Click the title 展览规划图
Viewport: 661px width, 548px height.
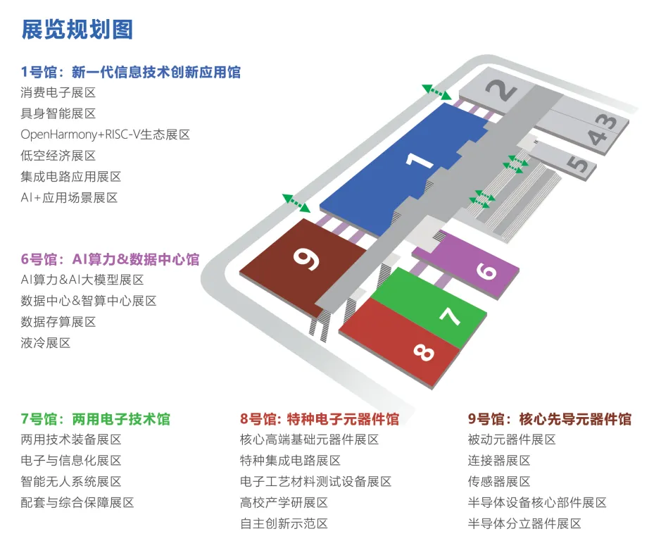pos(77,30)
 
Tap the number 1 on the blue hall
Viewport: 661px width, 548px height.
pos(422,161)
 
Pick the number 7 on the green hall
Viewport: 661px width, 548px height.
pos(450,316)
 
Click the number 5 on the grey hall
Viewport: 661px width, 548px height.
pos(577,165)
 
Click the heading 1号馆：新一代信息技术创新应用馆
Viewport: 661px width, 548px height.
pos(131,71)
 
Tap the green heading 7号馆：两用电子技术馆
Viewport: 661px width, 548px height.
pos(96,419)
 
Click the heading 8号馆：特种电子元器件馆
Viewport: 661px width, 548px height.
pos(320,419)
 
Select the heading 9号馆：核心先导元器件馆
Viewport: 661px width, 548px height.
pos(550,419)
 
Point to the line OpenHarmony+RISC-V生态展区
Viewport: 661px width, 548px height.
pos(106,135)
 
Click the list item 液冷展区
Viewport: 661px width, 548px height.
pos(46,343)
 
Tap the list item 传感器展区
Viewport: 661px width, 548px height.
pos(499,482)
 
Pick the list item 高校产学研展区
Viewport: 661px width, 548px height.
pos(284,503)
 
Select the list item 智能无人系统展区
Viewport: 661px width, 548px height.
pos(71,482)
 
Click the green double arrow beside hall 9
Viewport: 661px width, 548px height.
pos(296,203)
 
